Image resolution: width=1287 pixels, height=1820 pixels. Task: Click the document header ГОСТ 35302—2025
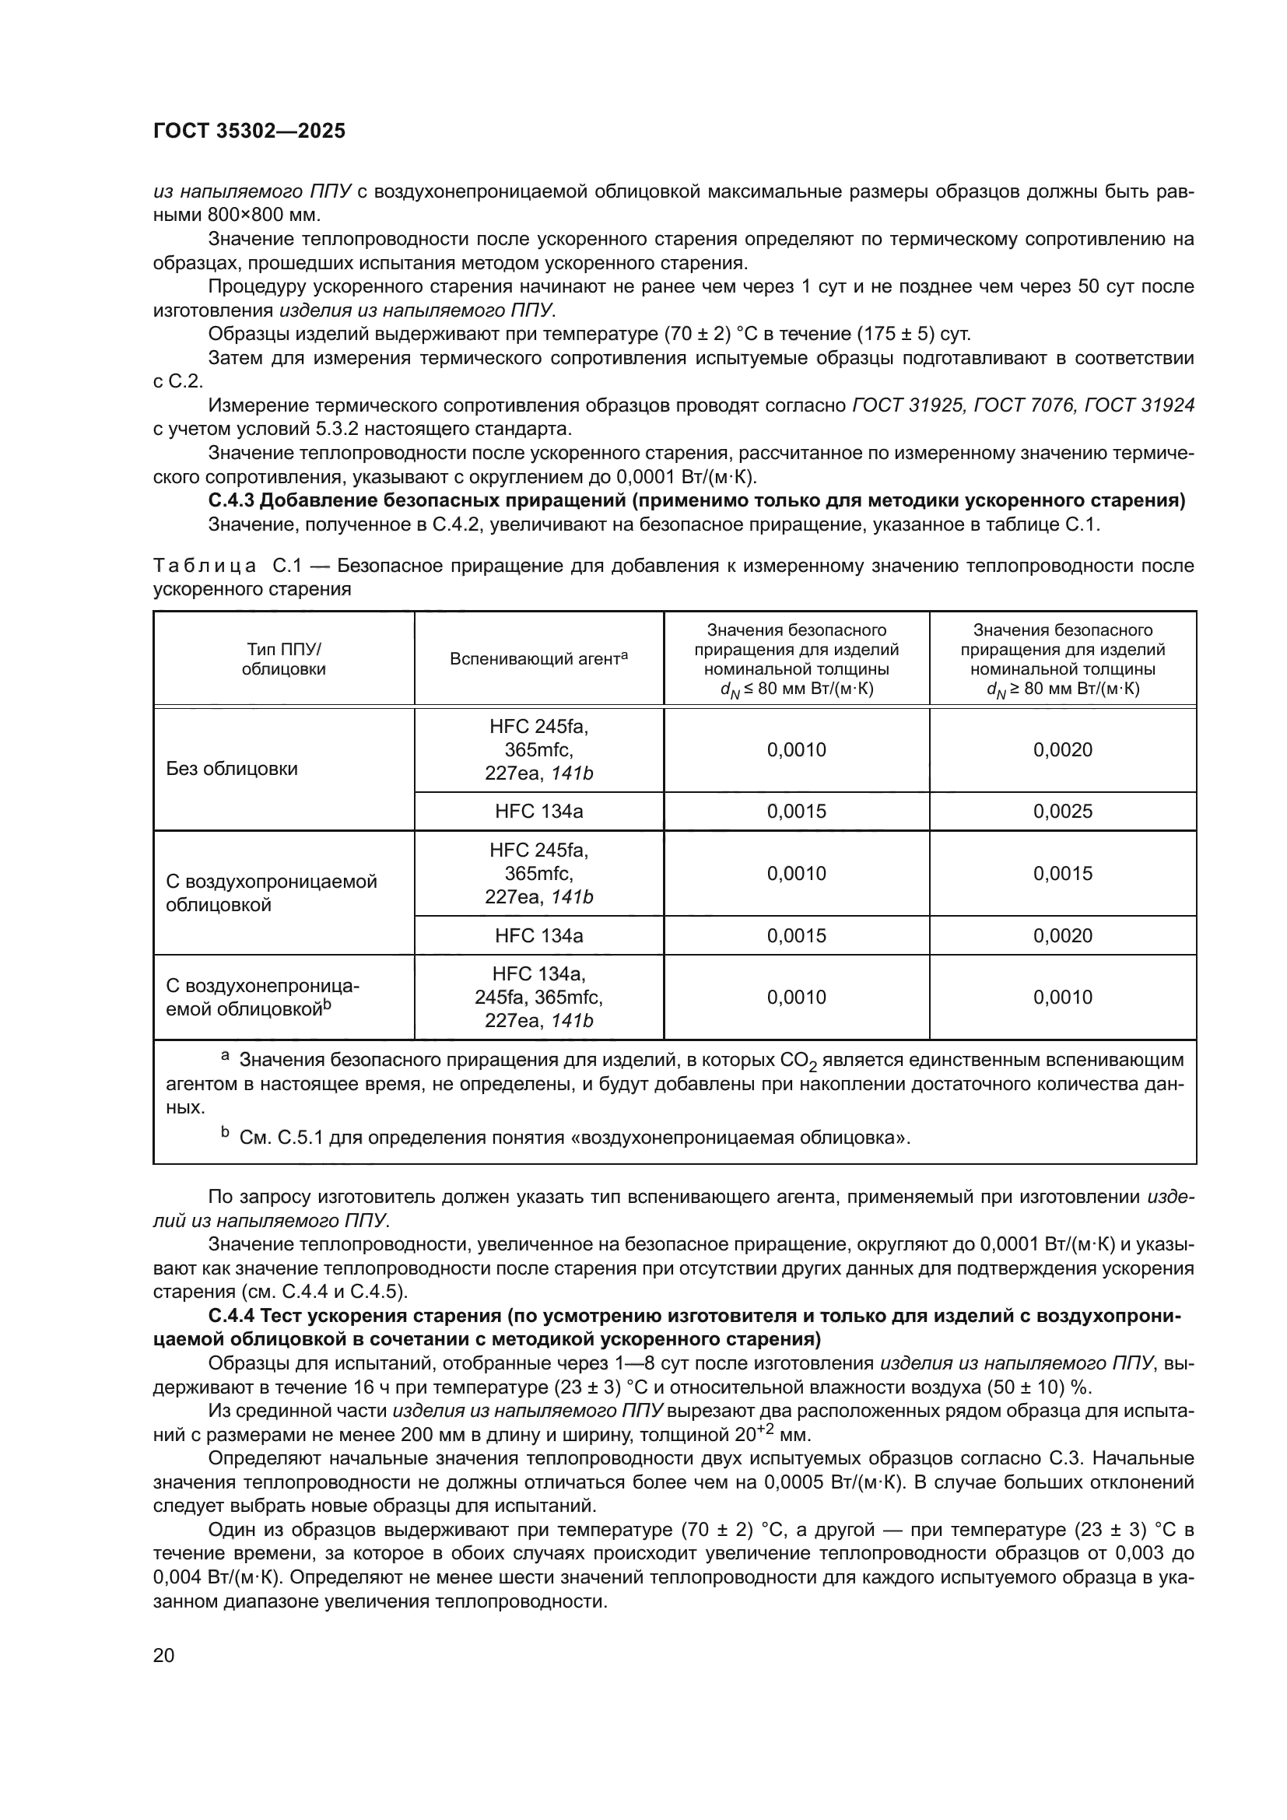pyautogui.click(x=249, y=132)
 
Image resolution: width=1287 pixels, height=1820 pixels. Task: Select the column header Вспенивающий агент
pyautogui.click(x=538, y=658)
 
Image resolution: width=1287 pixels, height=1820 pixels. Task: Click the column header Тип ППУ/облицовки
pyautogui.click(x=284, y=659)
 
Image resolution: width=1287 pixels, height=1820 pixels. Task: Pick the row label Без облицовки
pyautogui.click(x=231, y=768)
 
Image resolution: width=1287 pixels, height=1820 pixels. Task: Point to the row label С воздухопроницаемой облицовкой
pyautogui.click(x=271, y=892)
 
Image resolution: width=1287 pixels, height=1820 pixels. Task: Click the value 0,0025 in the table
pyautogui.click(x=1062, y=811)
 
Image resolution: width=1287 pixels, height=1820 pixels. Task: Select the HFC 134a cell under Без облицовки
pyautogui.click(x=538, y=811)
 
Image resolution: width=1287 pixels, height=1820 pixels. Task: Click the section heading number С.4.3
pyautogui.click(x=231, y=501)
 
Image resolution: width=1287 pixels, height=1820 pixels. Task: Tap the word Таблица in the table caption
pyautogui.click(x=205, y=566)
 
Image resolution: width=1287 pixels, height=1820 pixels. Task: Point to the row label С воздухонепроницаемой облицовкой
pyautogui.click(x=261, y=997)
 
